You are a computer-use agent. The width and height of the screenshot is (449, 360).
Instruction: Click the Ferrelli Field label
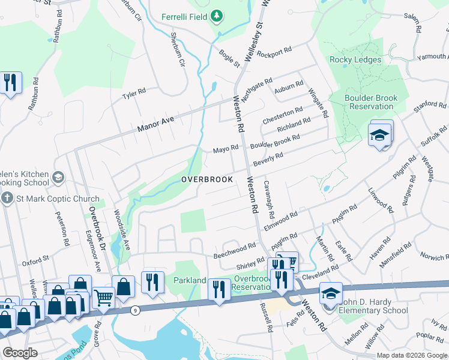[x=184, y=17]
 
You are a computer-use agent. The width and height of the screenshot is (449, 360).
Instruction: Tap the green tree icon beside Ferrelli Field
[x=217, y=17]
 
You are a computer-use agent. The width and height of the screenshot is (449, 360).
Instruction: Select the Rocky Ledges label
[x=355, y=60]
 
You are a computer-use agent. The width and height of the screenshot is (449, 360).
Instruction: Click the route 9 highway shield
[x=135, y=310]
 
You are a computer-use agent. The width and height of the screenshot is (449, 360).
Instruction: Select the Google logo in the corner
[x=20, y=352]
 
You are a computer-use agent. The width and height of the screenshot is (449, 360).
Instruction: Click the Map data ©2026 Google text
[x=412, y=355]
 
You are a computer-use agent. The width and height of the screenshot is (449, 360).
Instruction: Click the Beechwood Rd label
[x=235, y=252]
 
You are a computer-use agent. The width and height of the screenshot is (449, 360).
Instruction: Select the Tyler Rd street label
[x=134, y=94]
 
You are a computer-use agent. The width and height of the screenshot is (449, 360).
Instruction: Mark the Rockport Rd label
[x=274, y=52]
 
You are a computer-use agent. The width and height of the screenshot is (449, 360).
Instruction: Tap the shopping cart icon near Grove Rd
[x=104, y=296]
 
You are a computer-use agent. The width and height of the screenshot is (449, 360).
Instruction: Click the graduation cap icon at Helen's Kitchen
[x=58, y=177]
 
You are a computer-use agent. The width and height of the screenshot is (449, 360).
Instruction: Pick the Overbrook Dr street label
[x=96, y=221]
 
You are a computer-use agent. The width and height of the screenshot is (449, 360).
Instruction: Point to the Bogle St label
[x=229, y=58]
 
